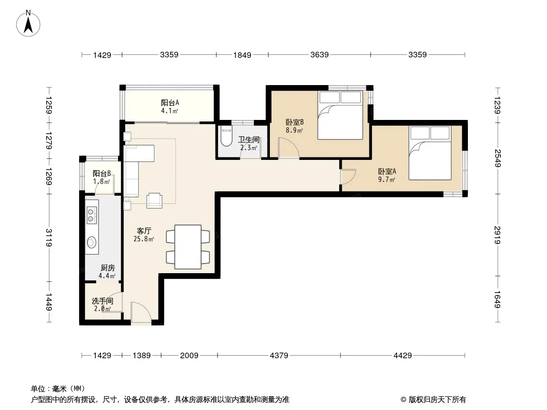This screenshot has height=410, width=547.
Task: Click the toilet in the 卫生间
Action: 226,137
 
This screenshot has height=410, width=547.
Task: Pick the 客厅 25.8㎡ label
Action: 144,235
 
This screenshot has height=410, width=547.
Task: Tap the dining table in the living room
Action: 188,247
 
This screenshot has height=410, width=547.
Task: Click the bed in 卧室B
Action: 340,115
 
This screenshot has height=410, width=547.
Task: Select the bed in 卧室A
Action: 430,153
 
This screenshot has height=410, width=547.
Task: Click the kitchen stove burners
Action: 91,215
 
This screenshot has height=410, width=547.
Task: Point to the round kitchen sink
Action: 91,242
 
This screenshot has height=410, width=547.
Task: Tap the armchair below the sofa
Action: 154,200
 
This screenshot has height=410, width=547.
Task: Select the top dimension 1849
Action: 242,55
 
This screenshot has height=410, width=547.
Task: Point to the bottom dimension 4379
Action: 279,356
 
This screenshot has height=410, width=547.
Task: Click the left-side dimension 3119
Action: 49,238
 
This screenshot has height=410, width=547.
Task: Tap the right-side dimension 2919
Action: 497,235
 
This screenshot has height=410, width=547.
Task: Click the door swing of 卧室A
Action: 348,177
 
